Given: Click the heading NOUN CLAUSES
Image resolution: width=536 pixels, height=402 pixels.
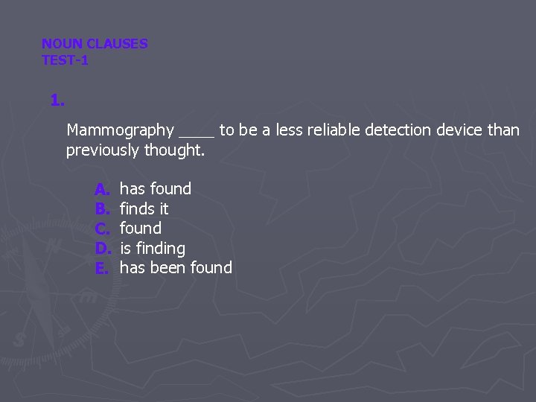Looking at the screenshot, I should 95,44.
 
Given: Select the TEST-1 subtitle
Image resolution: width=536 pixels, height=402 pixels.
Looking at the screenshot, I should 65,60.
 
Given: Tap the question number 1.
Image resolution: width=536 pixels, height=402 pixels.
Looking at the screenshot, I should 57,100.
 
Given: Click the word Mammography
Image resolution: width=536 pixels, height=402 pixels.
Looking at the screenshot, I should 120,130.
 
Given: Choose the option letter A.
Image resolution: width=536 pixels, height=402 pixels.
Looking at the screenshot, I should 102,189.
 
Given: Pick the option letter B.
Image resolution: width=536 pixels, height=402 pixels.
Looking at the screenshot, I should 102,209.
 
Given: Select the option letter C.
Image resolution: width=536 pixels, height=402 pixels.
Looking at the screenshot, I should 102,229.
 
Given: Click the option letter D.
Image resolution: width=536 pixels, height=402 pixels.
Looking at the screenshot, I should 102,249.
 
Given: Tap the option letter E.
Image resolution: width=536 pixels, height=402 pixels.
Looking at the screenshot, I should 102,268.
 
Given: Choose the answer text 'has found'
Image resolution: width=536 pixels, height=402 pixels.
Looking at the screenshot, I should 156,189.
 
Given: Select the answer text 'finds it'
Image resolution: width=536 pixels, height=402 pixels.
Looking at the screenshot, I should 144,209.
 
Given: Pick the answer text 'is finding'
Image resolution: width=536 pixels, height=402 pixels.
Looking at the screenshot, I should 153,249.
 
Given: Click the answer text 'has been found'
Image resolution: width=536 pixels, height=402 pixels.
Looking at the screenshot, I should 176,268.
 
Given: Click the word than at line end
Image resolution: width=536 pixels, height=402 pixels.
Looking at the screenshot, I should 503,130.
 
